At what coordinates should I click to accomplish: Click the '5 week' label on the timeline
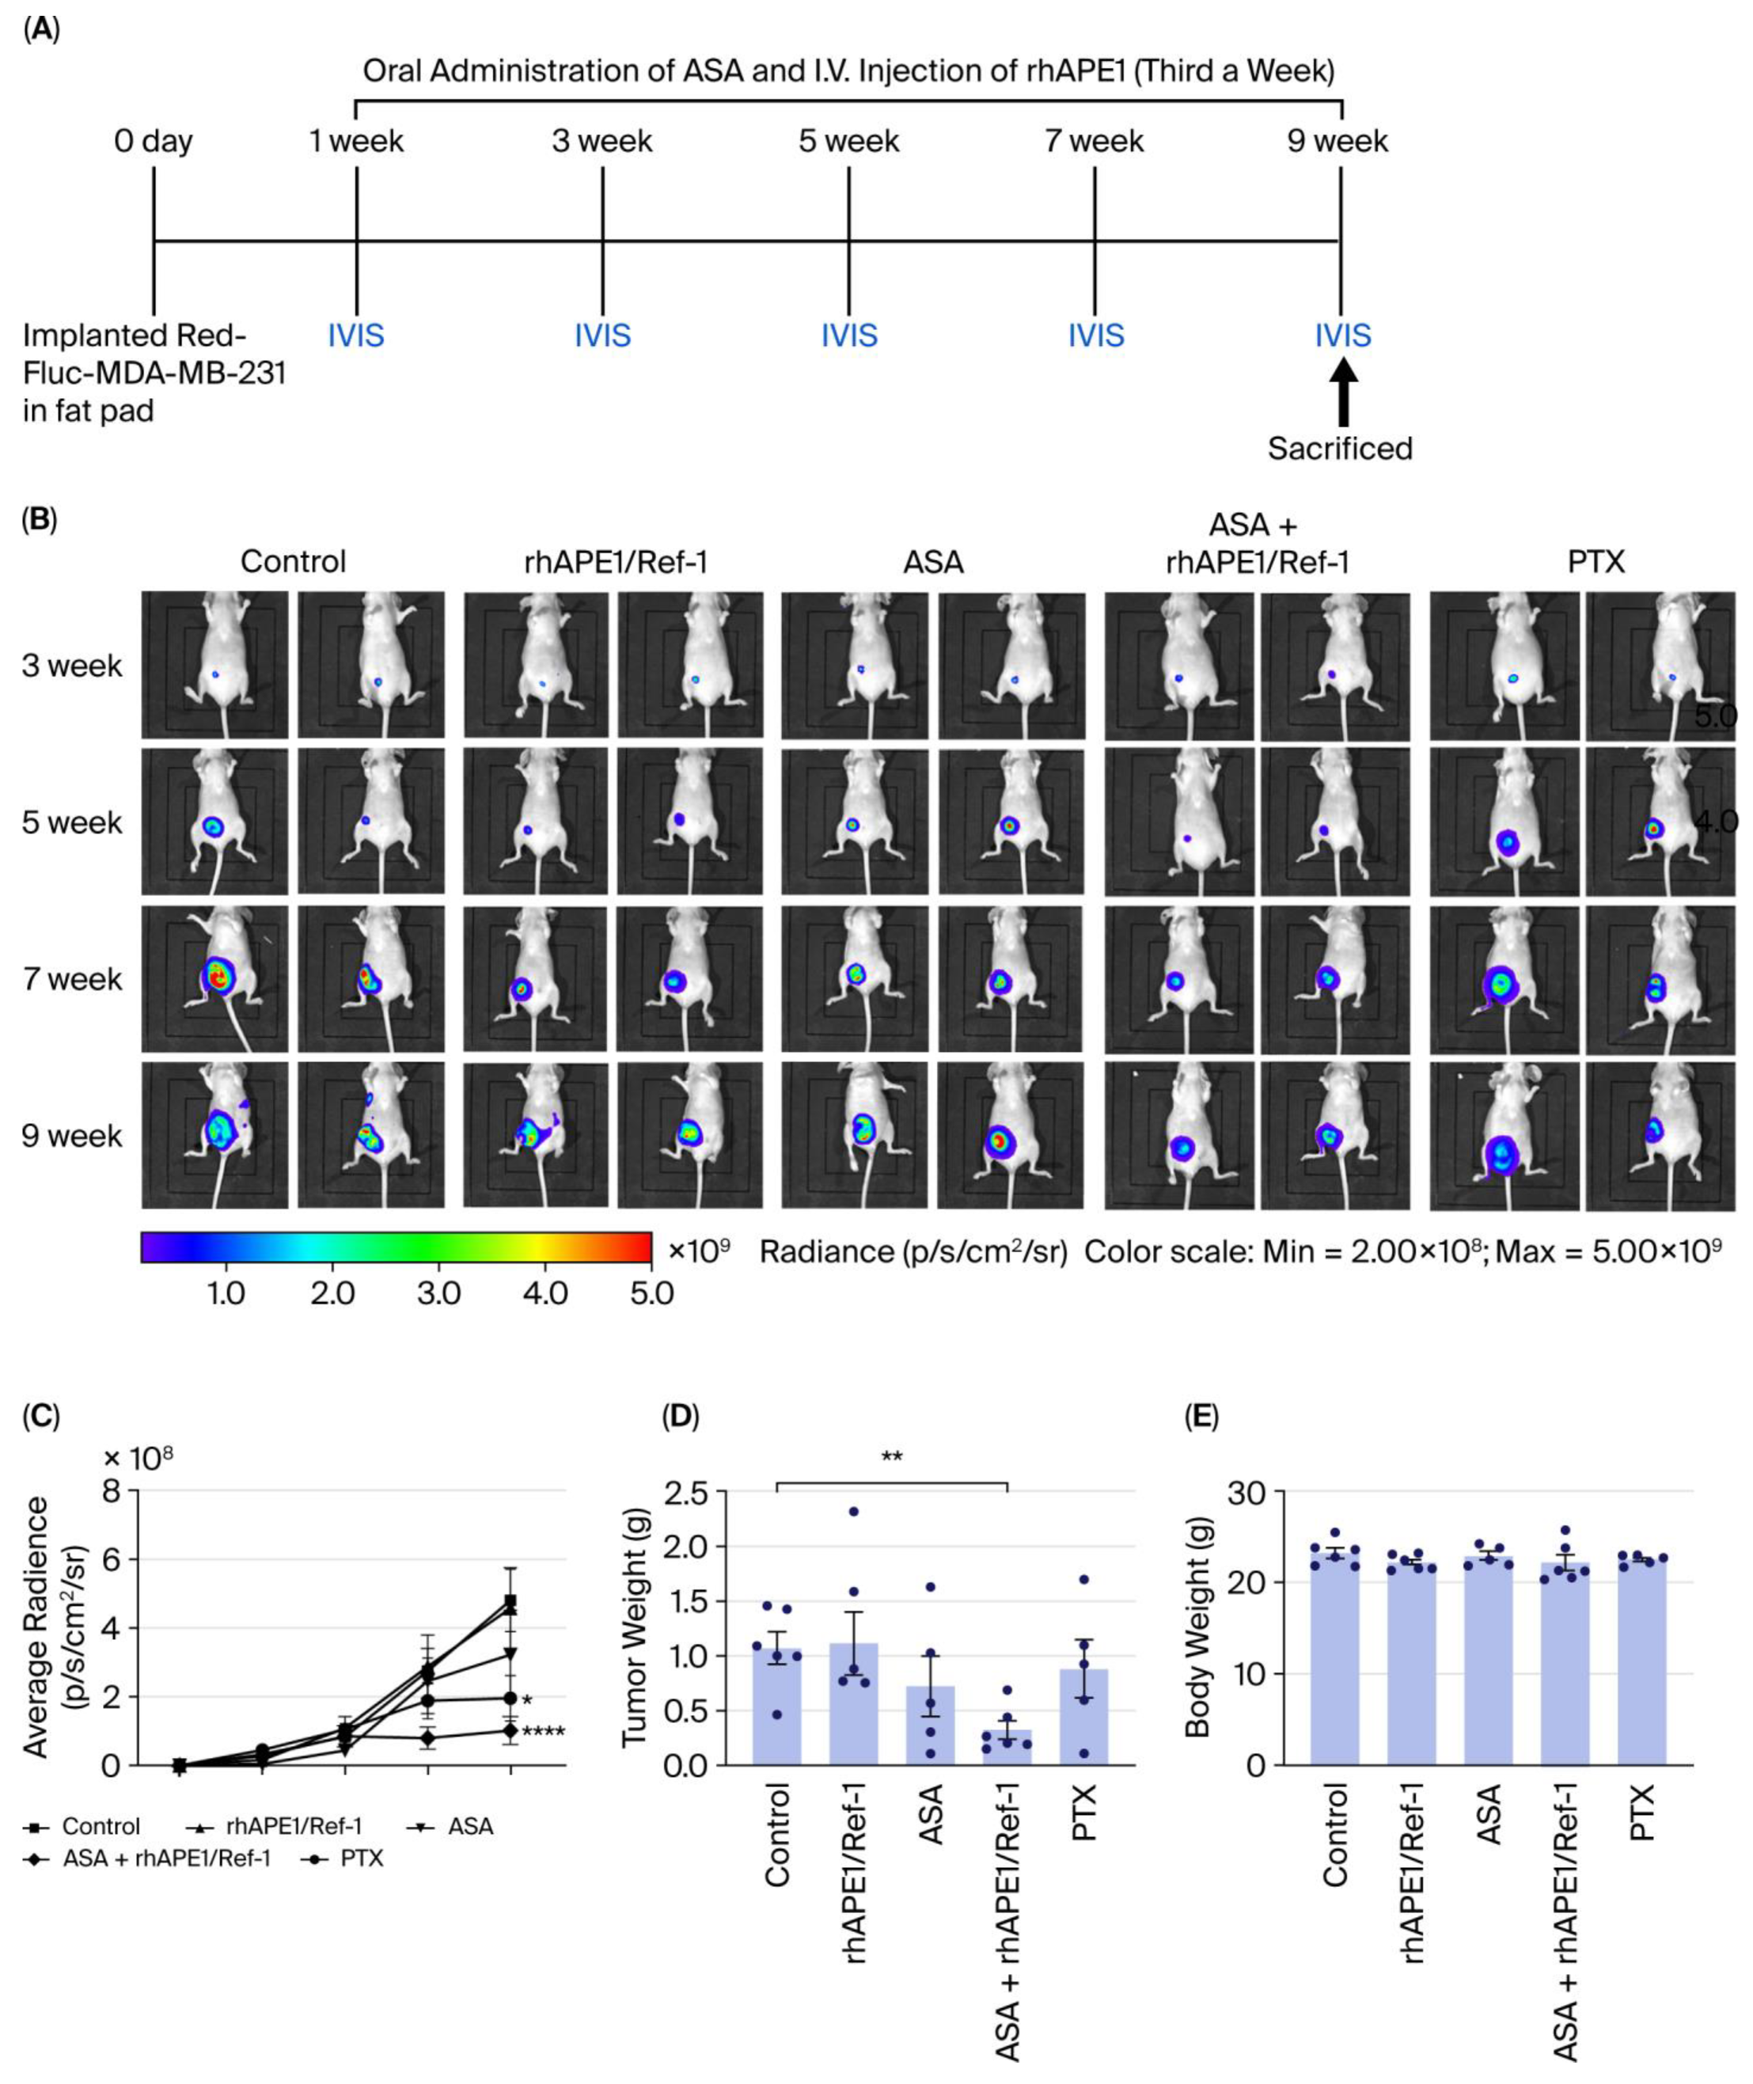click(x=848, y=141)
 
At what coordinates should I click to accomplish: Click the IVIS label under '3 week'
click(x=602, y=336)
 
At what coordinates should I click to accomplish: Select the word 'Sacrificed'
click(x=1340, y=450)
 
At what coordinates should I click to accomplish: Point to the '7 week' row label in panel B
click(x=71, y=980)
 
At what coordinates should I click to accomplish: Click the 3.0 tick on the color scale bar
click(x=438, y=1294)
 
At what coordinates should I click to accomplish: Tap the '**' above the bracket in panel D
click(x=891, y=1458)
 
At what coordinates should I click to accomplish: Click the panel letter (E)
click(x=1201, y=1417)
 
